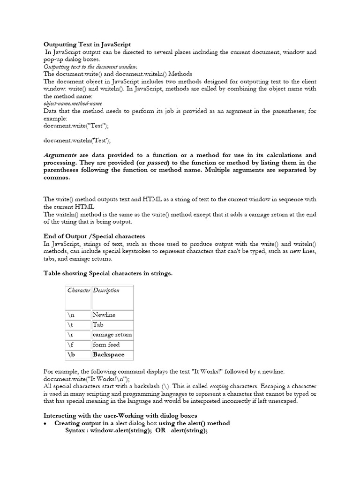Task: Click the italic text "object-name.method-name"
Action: [73, 103]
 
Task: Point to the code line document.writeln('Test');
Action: [77, 140]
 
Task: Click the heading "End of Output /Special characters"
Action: [94, 236]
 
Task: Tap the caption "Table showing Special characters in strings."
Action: [108, 273]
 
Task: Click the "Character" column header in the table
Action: [79, 291]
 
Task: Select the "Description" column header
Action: [106, 291]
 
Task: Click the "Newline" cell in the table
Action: [104, 315]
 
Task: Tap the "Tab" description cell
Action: [98, 325]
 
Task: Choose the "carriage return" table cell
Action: [112, 335]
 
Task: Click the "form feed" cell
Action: [106, 345]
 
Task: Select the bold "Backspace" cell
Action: [108, 355]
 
